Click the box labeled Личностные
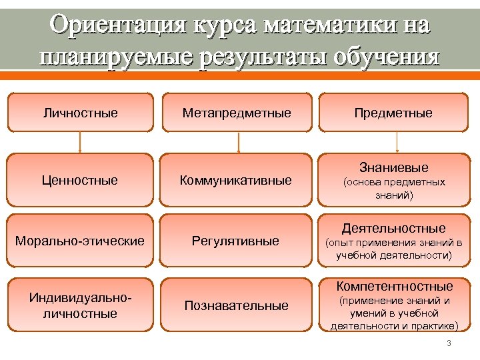[80, 113]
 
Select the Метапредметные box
[237, 113]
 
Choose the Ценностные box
[80, 180]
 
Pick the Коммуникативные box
[237, 180]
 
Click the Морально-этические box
[80, 241]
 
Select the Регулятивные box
[237, 241]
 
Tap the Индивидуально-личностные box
[80, 305]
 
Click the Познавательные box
[237, 305]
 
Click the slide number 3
[449, 343]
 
